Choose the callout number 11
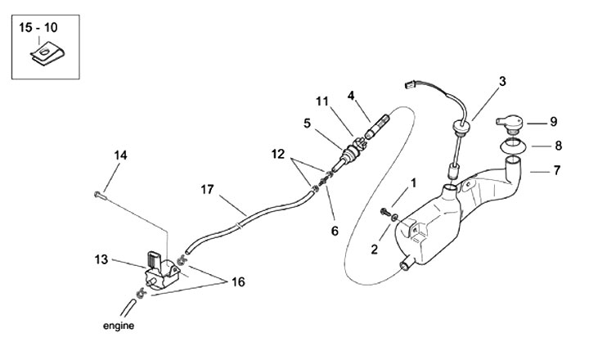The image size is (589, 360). point(322,101)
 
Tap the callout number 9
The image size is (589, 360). point(553,122)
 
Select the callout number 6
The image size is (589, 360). point(334,232)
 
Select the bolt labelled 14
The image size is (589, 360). point(100,195)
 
